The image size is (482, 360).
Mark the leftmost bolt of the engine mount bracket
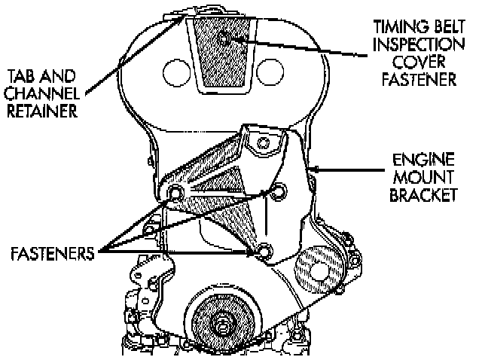[x=175, y=194]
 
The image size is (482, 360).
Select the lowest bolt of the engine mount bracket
[x=262, y=250]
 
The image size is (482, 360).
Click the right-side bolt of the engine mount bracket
[x=281, y=193]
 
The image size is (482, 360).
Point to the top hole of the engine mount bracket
[x=263, y=141]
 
